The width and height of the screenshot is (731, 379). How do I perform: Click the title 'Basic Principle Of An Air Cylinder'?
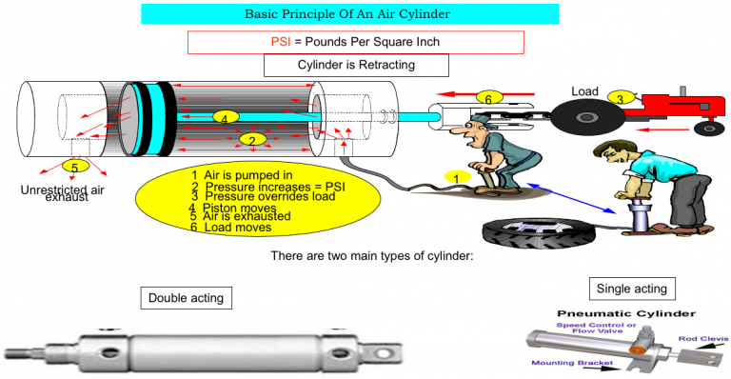click(x=349, y=14)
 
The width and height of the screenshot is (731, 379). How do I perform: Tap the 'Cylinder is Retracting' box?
click(x=355, y=66)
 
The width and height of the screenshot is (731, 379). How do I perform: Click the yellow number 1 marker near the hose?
click(x=456, y=178)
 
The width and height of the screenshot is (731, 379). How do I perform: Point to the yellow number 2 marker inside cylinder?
click(x=251, y=139)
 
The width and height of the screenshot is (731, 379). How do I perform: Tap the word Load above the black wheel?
click(x=584, y=91)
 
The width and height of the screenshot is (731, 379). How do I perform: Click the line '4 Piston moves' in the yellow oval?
click(x=230, y=208)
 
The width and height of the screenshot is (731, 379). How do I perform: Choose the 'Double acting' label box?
click(x=186, y=298)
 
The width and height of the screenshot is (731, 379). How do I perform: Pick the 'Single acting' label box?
click(x=631, y=288)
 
